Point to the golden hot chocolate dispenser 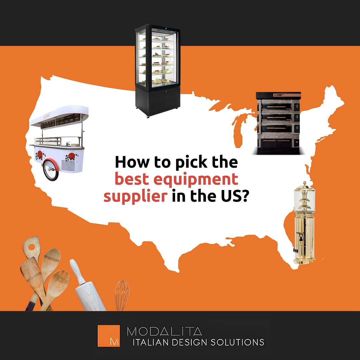[304, 223]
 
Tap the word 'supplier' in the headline [135, 196]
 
